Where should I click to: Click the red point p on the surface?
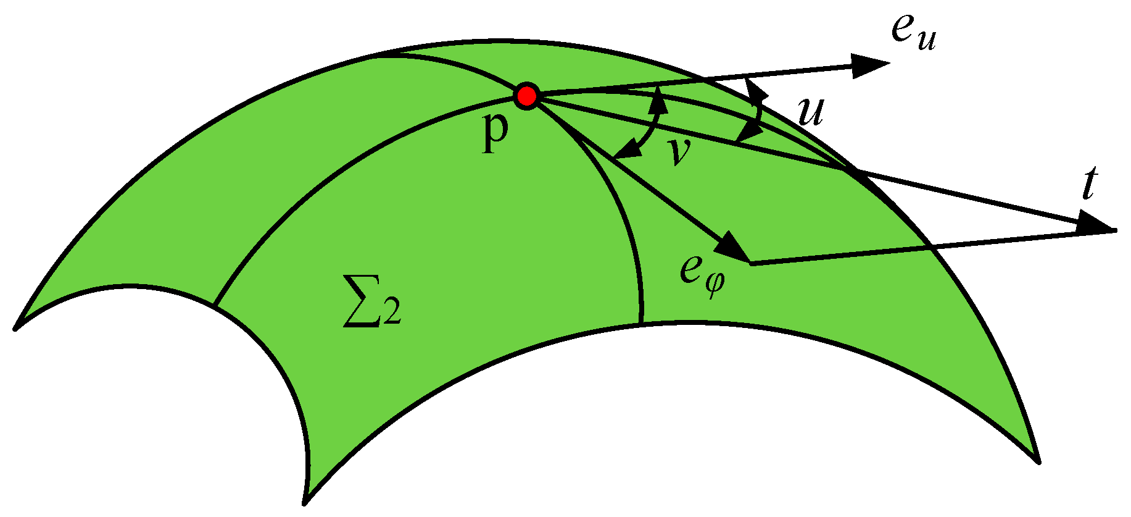tap(527, 96)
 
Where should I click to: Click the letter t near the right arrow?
tap(1089, 185)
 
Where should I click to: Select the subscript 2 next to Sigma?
tap(392, 313)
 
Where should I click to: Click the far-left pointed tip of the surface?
tap(16, 327)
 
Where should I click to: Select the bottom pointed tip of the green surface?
tap(305, 502)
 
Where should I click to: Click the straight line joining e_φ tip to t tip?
tap(926, 247)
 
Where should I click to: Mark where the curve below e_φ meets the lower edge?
tap(642, 324)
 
